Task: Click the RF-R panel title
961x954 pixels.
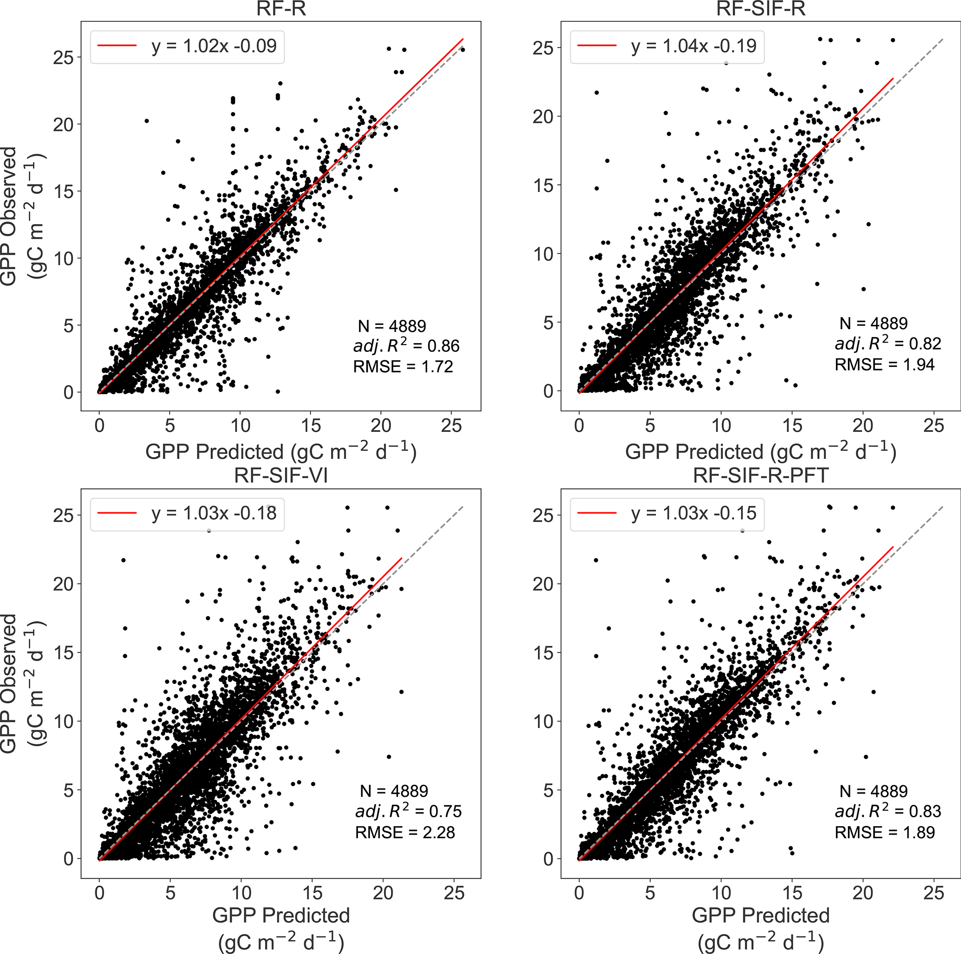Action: (280, 8)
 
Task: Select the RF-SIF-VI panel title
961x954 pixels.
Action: (280, 476)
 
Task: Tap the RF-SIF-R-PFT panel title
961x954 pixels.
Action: (761, 476)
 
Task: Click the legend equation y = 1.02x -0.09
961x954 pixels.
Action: (214, 46)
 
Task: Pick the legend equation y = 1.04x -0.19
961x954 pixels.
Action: (694, 46)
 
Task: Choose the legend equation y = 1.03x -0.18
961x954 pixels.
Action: (214, 513)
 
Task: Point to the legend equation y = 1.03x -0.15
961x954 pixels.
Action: (694, 513)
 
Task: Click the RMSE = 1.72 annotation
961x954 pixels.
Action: (403, 366)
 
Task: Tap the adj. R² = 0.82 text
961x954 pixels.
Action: (888, 343)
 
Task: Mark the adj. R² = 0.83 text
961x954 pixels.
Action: (888, 811)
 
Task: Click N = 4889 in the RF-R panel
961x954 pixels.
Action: (392, 326)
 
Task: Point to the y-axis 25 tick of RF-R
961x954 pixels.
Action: (63, 58)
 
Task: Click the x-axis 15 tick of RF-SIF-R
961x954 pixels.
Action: (792, 426)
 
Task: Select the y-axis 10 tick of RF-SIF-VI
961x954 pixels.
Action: (63, 721)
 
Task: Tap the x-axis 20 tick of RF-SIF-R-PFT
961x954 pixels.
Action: (863, 893)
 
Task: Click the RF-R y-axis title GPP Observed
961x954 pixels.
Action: (9, 216)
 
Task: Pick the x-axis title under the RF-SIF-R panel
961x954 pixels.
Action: (761, 451)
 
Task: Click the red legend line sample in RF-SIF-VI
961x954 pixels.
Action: (117, 513)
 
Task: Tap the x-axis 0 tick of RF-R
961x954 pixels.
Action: (99, 426)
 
